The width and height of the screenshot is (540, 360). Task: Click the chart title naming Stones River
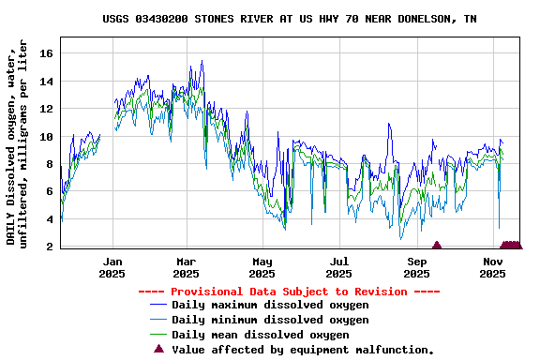[289, 19]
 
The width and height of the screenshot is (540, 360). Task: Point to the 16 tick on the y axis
[46, 53]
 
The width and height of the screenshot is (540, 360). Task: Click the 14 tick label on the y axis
[46, 82]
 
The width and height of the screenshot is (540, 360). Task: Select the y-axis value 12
[46, 109]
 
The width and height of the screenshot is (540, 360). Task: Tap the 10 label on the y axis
[46, 137]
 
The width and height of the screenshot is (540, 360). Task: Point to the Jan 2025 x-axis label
[112, 267]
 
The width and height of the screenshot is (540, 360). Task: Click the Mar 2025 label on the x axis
[186, 267]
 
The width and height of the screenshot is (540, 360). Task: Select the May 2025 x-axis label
[262, 267]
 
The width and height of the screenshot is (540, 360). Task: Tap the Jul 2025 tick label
[339, 267]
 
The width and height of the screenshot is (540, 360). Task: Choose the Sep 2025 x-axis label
[416, 267]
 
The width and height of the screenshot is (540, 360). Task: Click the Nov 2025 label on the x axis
[493, 267]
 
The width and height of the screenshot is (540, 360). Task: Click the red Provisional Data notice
[289, 292]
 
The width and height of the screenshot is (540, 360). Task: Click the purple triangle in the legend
[158, 349]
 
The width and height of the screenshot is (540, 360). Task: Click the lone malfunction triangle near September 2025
[436, 246]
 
